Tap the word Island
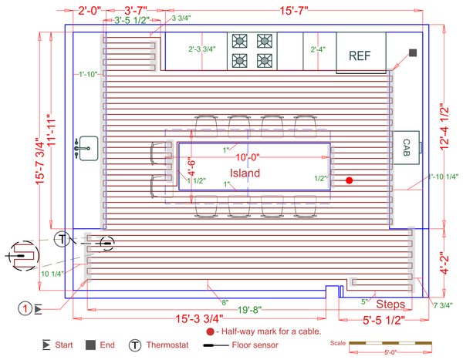click(245, 173)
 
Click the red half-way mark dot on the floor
click(350, 180)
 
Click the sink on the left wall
click(83, 144)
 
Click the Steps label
click(390, 303)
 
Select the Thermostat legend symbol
click(135, 345)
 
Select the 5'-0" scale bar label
click(393, 354)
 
